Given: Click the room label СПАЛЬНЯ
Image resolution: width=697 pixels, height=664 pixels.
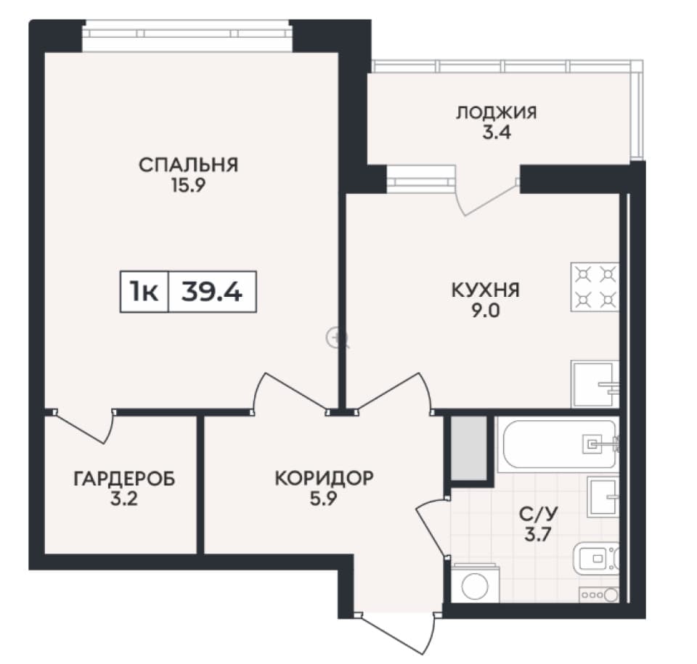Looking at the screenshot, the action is pyautogui.click(x=189, y=165).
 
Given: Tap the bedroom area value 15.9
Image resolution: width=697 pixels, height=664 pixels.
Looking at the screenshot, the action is pyautogui.click(x=189, y=185).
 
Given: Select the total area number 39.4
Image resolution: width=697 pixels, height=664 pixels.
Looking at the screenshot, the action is pyautogui.click(x=212, y=292).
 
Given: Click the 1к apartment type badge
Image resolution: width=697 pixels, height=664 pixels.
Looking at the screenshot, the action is pyautogui.click(x=144, y=292).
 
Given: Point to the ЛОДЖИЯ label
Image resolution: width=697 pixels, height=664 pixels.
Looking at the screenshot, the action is pyautogui.click(x=497, y=112).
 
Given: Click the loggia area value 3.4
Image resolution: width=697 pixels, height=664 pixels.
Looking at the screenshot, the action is pyautogui.click(x=497, y=133).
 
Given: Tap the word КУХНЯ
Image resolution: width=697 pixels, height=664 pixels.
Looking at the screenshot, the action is pyautogui.click(x=486, y=290).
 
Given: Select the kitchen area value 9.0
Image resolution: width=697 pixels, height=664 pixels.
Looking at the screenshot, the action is pyautogui.click(x=486, y=310).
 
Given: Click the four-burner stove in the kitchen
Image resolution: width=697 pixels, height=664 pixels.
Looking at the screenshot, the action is pyautogui.click(x=595, y=287).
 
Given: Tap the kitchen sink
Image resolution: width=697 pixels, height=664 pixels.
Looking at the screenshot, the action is pyautogui.click(x=595, y=384).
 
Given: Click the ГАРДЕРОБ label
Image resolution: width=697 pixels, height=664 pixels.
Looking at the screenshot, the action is pyautogui.click(x=124, y=479).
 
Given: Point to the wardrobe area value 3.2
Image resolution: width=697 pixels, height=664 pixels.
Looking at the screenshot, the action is pyautogui.click(x=124, y=499).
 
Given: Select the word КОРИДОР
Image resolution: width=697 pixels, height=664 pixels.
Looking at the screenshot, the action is pyautogui.click(x=324, y=478).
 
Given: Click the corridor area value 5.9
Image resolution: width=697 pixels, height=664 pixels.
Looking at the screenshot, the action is pyautogui.click(x=324, y=499).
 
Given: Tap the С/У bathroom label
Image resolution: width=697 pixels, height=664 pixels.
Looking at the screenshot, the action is pyautogui.click(x=538, y=515).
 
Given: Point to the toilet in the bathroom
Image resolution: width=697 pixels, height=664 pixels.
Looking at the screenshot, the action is pyautogui.click(x=596, y=558).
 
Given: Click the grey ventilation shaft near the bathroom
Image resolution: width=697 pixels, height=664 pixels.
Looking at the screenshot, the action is pyautogui.click(x=469, y=448).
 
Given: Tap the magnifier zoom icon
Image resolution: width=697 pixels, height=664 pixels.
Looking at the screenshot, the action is pyautogui.click(x=335, y=337).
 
